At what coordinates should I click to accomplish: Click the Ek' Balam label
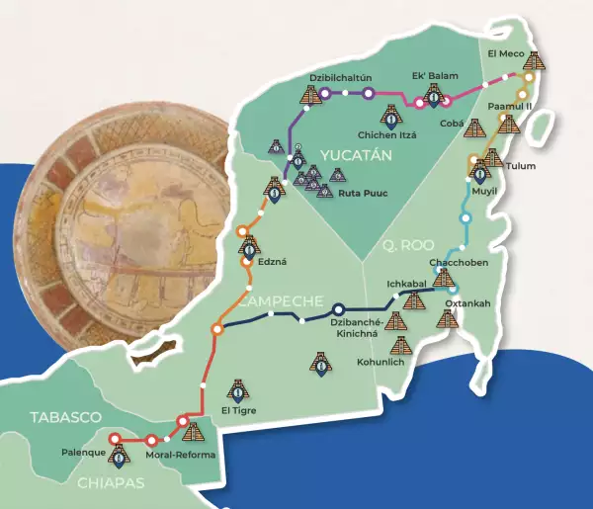(431, 75)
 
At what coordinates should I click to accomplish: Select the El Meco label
(505, 51)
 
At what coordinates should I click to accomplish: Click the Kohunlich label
(381, 362)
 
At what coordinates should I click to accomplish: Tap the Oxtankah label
(466, 303)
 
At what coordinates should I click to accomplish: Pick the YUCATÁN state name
(357, 155)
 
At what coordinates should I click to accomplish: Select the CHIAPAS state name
(109, 483)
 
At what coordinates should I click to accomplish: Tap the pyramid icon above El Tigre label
(237, 389)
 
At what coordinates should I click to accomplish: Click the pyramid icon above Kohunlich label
(401, 345)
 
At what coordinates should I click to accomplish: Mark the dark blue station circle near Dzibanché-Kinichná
(338, 308)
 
